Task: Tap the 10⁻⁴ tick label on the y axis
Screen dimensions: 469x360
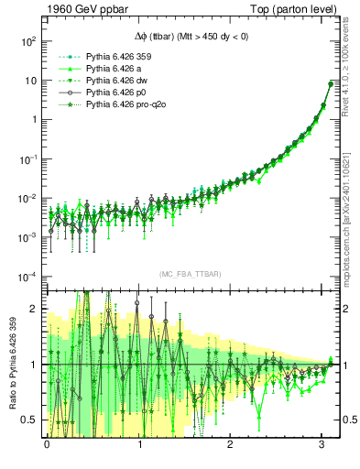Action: [x=27, y=277]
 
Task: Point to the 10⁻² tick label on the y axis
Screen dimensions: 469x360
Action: [x=27, y=198]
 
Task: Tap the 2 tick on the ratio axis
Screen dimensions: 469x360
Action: [x=34, y=310]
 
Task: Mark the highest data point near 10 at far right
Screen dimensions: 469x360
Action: [x=330, y=84]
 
